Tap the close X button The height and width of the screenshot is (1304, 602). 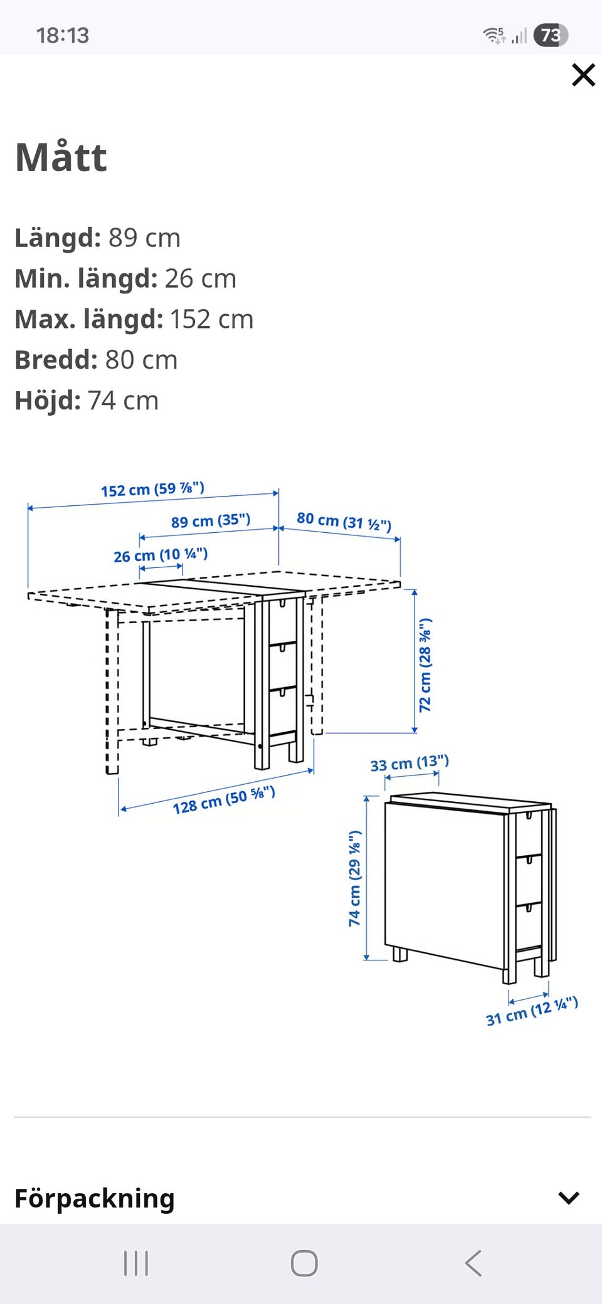[x=583, y=75]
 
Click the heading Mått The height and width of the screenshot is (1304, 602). [x=61, y=157]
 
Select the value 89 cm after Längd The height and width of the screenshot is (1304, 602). [x=144, y=238]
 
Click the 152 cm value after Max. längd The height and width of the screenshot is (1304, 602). [x=211, y=319]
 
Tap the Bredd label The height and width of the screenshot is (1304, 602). [x=56, y=360]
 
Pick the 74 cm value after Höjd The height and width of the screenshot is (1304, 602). [x=123, y=401]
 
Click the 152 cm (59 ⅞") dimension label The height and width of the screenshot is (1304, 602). [x=153, y=489]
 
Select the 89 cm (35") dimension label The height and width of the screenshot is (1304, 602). [x=211, y=520]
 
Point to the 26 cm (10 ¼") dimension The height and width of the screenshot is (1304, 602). [x=161, y=555]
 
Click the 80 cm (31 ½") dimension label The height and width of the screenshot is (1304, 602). [x=344, y=521]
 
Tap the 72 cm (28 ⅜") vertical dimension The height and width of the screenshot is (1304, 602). [x=425, y=665]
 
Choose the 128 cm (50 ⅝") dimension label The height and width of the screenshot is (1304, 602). [x=224, y=800]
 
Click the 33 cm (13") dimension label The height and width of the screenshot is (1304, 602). [x=409, y=764]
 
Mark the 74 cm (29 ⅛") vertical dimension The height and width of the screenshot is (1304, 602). [x=355, y=878]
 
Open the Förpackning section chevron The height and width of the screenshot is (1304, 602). [x=568, y=1198]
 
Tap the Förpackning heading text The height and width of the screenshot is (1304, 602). [x=95, y=1198]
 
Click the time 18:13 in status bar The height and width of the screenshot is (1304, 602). [x=63, y=36]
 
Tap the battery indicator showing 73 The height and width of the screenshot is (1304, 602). [x=551, y=35]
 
